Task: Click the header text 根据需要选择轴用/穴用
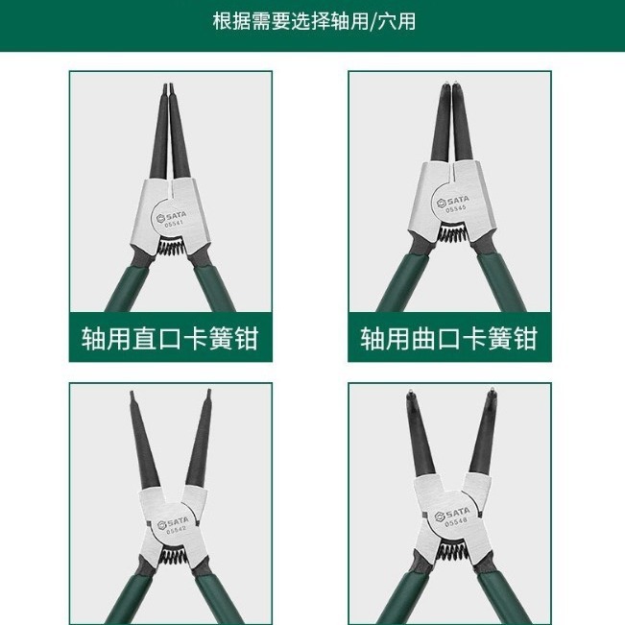313,20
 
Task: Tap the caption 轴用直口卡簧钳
170,339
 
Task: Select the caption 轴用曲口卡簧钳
448,339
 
